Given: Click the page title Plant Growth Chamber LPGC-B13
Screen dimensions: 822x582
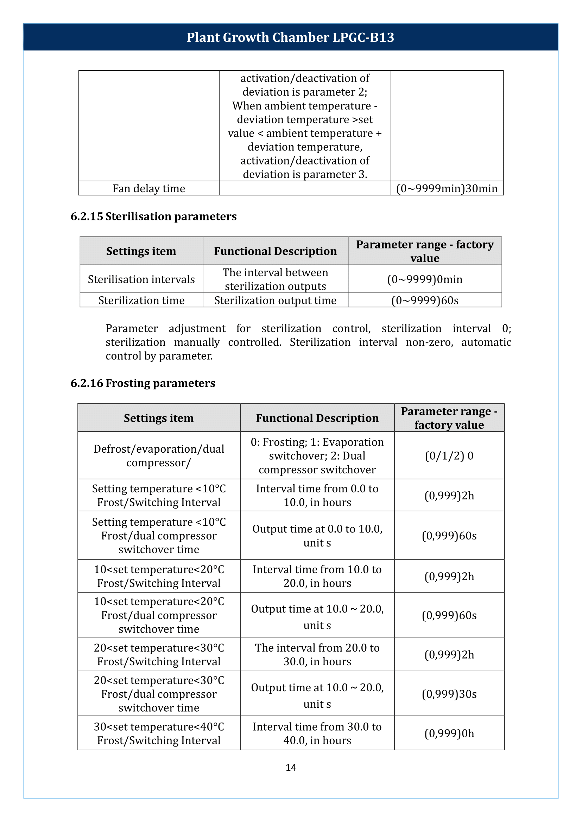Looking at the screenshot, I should [290, 38].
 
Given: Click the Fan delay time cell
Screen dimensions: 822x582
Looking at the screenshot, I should [149, 188].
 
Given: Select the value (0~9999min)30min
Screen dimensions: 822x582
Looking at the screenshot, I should [447, 188].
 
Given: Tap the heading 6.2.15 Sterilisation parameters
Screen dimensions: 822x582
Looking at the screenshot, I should [153, 216].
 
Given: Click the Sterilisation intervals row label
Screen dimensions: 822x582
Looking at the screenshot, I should [141, 279].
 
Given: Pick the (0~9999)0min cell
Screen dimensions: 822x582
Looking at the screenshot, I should [425, 279].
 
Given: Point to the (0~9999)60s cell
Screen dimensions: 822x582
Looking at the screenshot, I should [425, 300].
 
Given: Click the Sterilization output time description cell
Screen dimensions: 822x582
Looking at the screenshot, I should [275, 300].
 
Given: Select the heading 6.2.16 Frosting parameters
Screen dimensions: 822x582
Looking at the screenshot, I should [143, 383].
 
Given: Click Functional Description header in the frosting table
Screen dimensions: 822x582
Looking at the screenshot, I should [317, 418].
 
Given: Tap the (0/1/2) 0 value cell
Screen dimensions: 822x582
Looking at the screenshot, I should [449, 456].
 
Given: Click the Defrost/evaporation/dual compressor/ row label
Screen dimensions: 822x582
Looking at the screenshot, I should [159, 456].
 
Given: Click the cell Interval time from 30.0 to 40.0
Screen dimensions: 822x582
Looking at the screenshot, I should [317, 733].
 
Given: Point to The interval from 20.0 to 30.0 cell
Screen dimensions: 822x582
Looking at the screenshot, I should [317, 654].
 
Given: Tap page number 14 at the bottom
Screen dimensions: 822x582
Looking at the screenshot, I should [291, 768].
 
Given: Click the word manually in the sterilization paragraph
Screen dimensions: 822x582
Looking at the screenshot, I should [197, 342].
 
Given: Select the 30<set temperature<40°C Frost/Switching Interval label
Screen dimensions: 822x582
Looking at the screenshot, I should [159, 733].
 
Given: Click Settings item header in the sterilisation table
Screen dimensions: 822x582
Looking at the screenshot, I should [141, 251].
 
